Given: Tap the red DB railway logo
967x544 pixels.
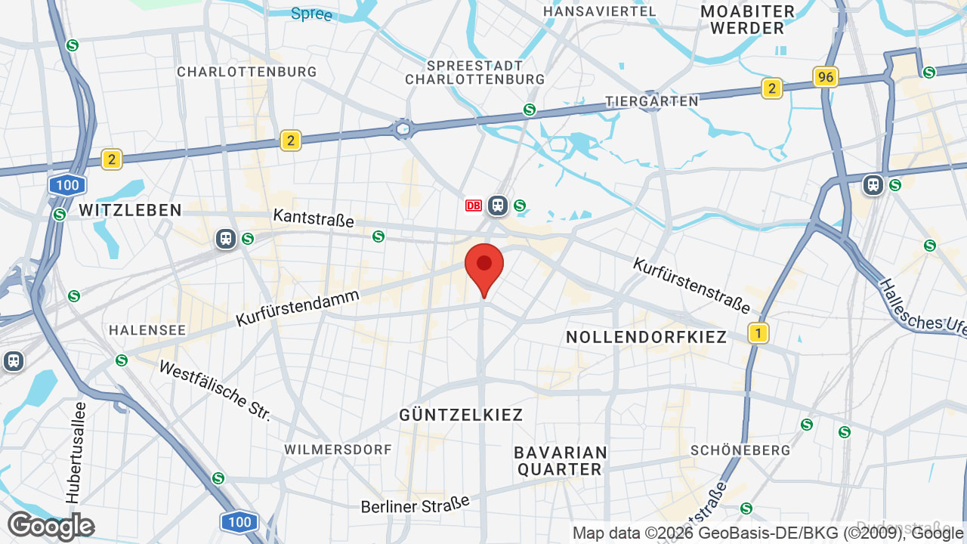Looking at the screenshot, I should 474,206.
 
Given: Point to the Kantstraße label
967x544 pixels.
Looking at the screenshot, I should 314,218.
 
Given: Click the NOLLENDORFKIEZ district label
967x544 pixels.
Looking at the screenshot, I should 646,337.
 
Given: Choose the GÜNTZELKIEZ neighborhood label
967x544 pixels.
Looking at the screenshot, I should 461,415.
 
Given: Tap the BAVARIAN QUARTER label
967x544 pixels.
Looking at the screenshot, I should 561,461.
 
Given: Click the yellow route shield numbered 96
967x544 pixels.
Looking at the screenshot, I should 826,77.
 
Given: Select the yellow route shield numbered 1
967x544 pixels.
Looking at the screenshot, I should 758,332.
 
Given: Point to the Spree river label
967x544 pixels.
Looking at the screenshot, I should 311,14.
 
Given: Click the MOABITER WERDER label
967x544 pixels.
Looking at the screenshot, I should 747,20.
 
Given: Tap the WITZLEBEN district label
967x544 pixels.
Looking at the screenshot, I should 130,210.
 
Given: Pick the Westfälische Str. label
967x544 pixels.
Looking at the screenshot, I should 215,391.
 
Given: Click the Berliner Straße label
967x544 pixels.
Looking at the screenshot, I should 415,504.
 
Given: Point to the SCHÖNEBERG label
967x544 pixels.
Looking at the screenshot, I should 740,450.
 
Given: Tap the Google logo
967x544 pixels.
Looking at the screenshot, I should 51,526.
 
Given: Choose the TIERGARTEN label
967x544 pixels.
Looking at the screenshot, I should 652,101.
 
